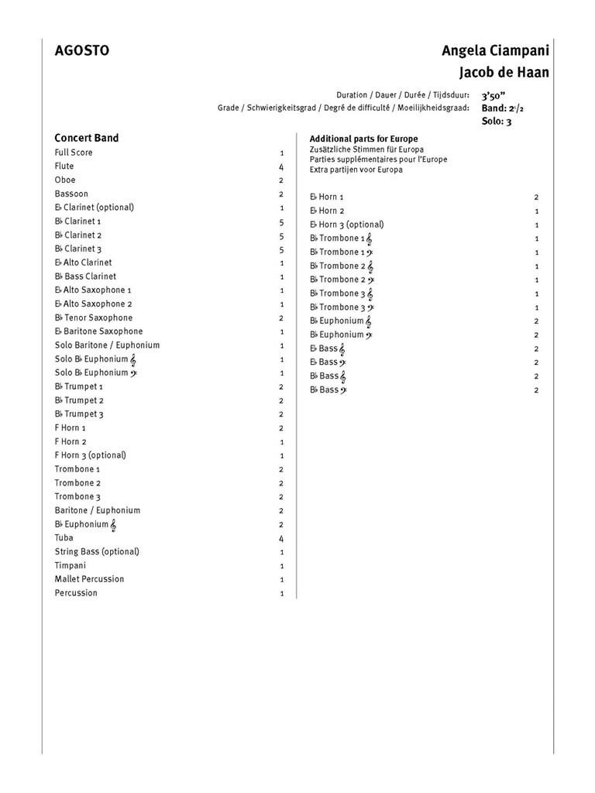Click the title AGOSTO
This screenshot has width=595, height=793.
click(x=81, y=51)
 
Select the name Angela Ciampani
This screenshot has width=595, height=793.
click(x=495, y=51)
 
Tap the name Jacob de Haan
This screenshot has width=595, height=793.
click(x=504, y=73)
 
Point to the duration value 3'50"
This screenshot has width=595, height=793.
click(x=496, y=95)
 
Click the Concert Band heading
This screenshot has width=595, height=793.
click(x=86, y=138)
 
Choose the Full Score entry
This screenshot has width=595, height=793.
click(x=74, y=153)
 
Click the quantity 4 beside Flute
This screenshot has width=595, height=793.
click(x=281, y=166)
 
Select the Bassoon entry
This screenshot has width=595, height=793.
click(x=71, y=194)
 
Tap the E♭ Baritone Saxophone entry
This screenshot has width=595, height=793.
click(x=98, y=331)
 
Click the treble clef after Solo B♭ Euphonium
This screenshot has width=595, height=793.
click(x=134, y=359)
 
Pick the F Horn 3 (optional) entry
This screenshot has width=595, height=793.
click(x=90, y=455)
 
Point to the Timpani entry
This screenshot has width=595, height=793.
click(x=71, y=565)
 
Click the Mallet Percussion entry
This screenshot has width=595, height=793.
click(x=89, y=579)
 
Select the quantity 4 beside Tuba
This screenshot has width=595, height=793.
click(x=281, y=538)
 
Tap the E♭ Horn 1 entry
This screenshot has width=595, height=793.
click(x=327, y=197)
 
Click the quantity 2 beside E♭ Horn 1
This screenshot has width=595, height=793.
click(x=536, y=197)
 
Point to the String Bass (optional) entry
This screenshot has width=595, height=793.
click(x=97, y=551)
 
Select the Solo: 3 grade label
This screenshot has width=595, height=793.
click(x=497, y=122)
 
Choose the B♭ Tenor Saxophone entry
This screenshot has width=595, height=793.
click(x=93, y=318)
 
